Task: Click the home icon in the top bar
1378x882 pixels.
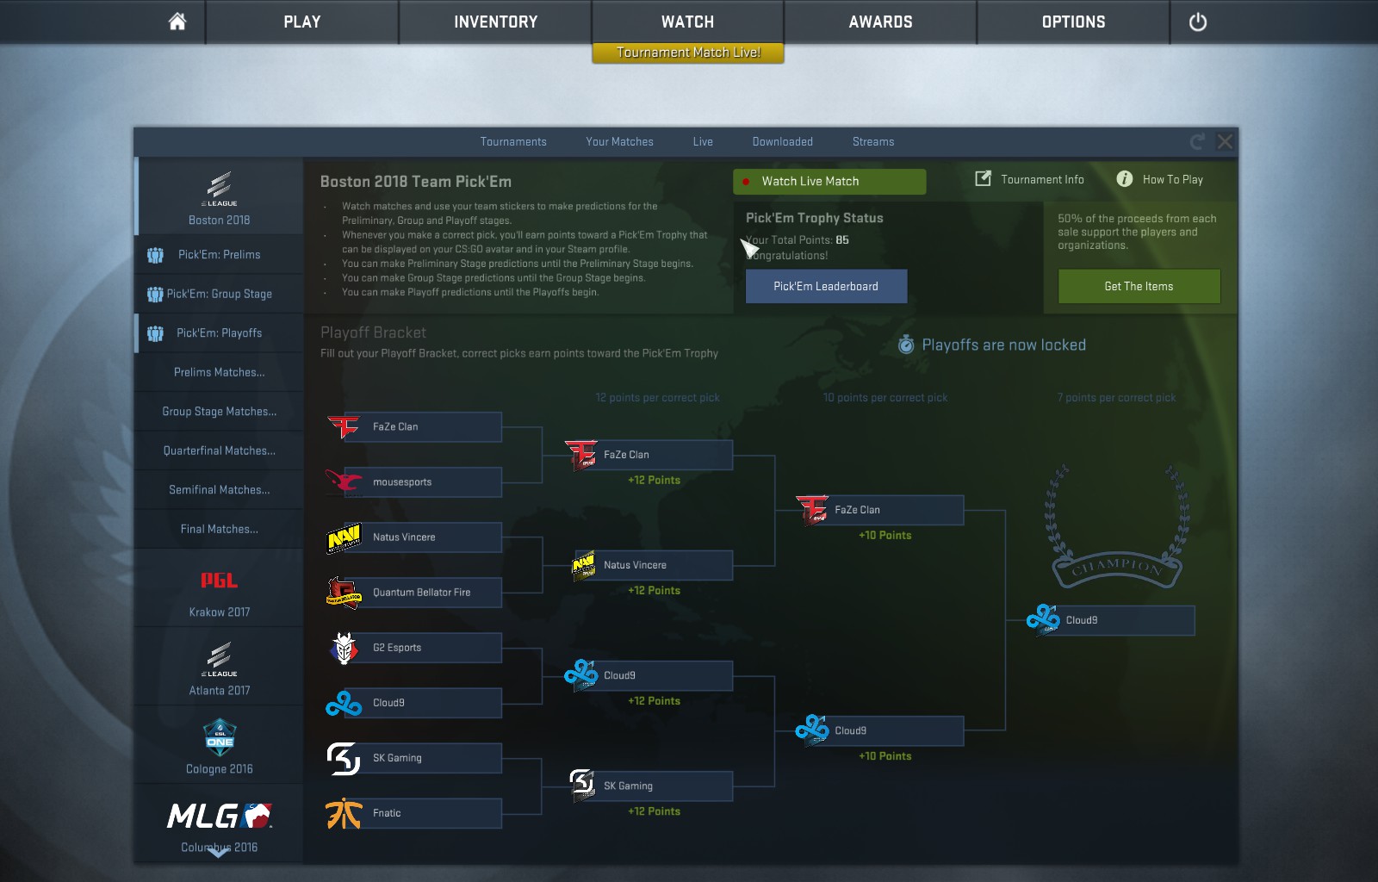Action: coord(177,22)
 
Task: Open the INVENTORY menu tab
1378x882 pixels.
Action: coord(495,22)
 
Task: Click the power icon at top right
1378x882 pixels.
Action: coord(1197,22)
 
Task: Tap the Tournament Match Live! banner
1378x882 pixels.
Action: coord(688,53)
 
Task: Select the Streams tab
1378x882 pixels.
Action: coord(872,141)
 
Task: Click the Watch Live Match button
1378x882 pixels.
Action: coord(829,181)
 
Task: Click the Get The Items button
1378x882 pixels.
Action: coord(1139,286)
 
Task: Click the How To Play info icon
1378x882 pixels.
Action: coord(1125,179)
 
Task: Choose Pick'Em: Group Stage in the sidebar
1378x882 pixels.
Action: coord(219,294)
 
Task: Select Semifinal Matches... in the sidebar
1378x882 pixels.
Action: coord(219,489)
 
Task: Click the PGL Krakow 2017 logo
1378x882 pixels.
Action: coord(219,581)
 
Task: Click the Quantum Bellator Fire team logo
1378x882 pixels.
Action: coord(344,593)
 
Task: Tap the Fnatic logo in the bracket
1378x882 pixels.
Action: coord(344,813)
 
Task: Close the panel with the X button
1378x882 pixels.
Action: coord(1225,141)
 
